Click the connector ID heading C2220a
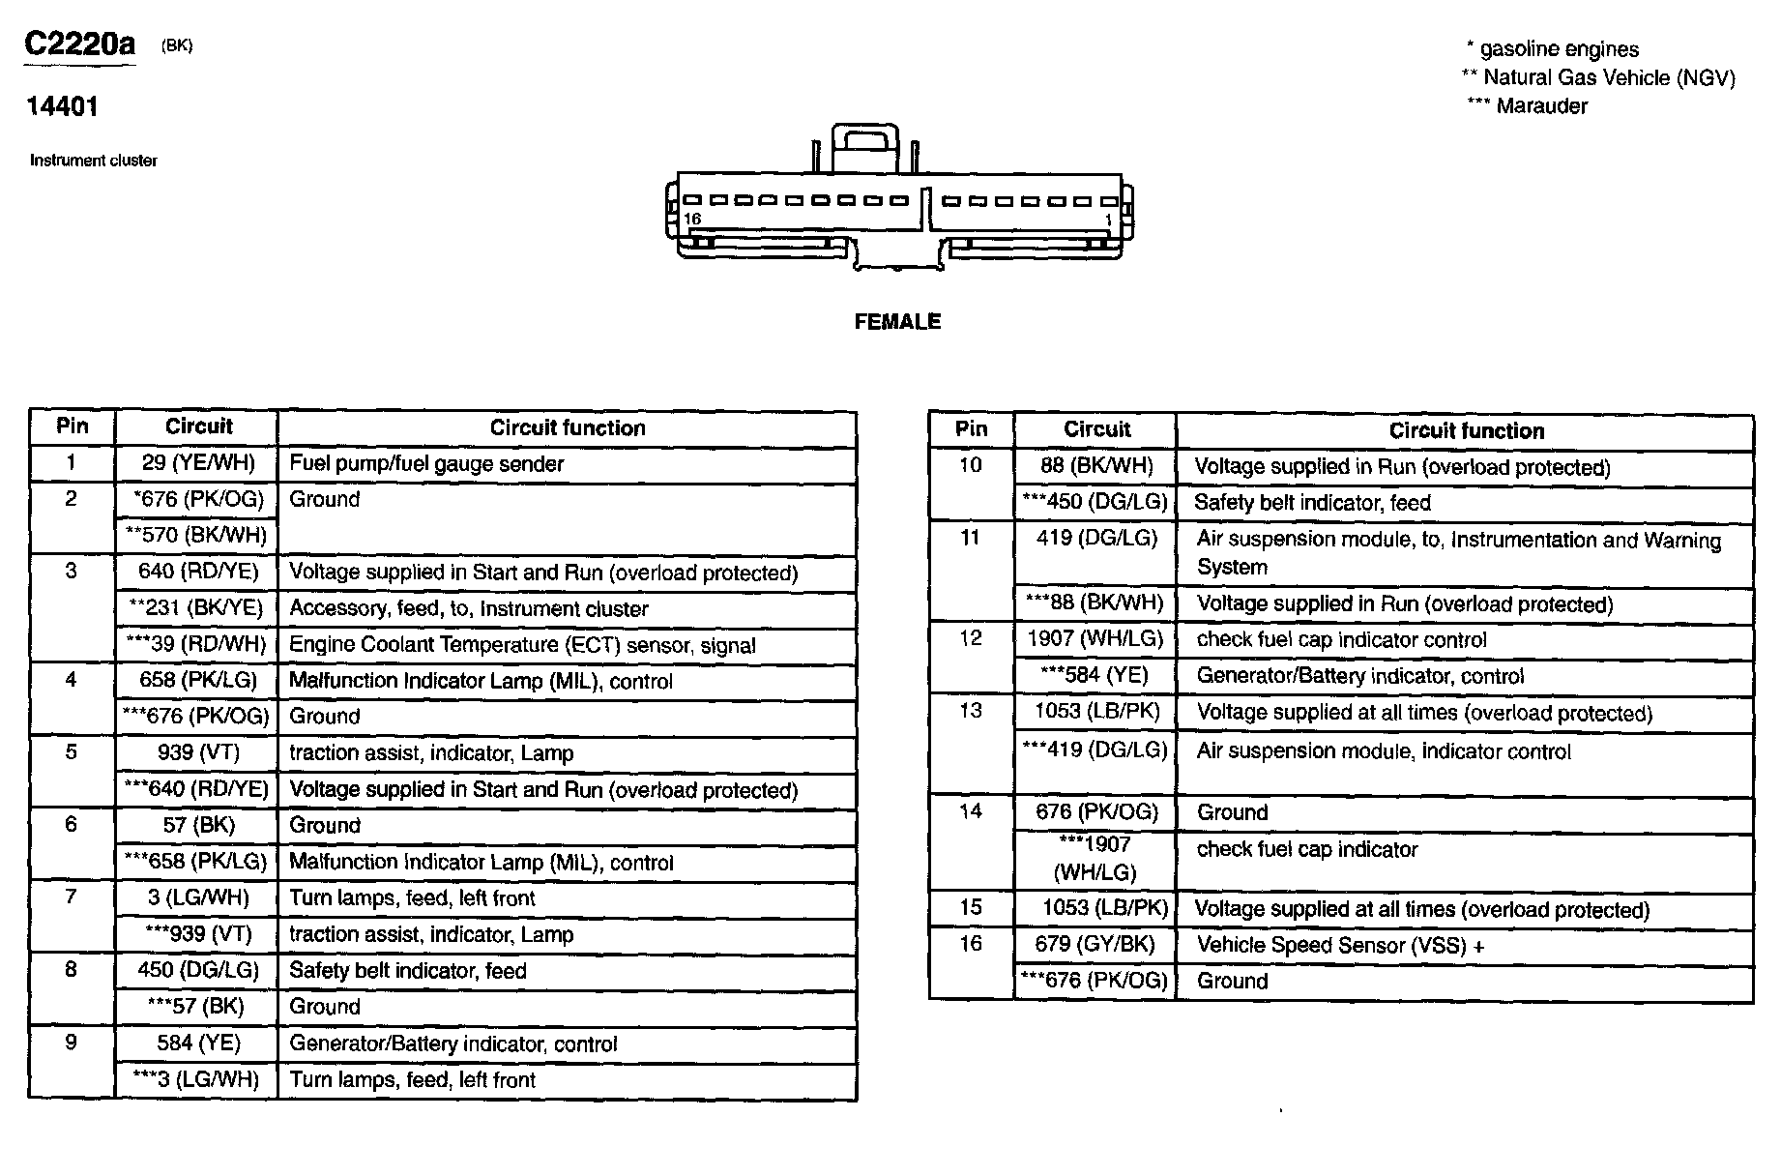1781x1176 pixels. (x=80, y=44)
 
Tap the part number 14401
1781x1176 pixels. (x=62, y=106)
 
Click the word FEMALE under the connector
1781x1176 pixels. (x=897, y=322)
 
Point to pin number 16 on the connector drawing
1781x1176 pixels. (x=692, y=219)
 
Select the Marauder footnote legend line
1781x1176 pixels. (x=1528, y=106)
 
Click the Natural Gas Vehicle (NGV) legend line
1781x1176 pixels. (x=1599, y=78)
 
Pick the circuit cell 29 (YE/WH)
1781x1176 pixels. (x=198, y=463)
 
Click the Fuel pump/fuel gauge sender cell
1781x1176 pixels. (x=426, y=464)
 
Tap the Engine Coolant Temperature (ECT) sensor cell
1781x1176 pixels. (x=522, y=645)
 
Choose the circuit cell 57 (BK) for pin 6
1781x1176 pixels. (x=198, y=825)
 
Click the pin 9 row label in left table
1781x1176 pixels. (x=71, y=1043)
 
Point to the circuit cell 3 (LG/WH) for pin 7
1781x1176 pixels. (x=198, y=897)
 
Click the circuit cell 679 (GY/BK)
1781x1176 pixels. (x=1095, y=944)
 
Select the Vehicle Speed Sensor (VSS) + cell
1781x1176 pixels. (x=1340, y=945)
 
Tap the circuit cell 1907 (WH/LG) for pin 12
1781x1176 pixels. (x=1095, y=639)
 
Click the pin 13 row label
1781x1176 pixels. (x=971, y=711)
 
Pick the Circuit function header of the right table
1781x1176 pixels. (x=1466, y=431)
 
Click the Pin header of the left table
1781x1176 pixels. (x=72, y=426)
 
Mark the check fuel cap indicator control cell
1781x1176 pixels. (x=1341, y=640)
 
